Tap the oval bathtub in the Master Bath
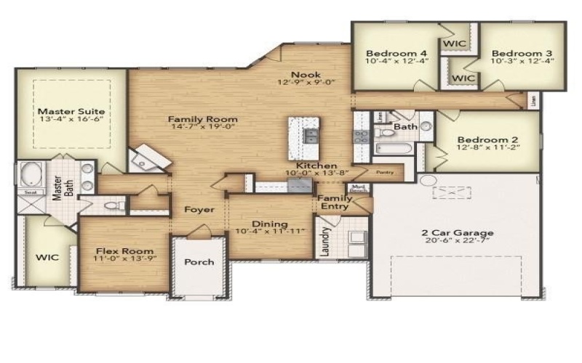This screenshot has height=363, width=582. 31,175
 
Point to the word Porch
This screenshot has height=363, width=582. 199,262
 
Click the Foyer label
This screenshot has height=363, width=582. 199,210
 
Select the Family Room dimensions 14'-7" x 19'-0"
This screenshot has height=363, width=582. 203,129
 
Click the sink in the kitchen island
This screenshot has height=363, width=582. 310,135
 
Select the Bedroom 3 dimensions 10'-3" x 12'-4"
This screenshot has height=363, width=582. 522,62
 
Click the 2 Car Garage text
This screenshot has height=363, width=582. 458,233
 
